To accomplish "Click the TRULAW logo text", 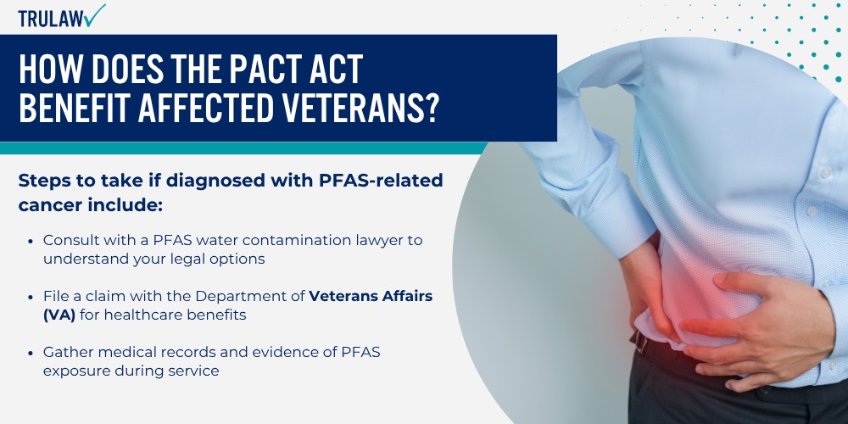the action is pos(51,19).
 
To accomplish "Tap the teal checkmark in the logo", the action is pos(95,15).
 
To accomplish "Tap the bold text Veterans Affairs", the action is pos(371,296).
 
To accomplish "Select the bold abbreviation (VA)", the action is pos(59,315).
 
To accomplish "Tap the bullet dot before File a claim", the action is pos(31,296).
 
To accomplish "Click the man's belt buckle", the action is pos(640,343).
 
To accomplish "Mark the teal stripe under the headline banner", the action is pos(243,148).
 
